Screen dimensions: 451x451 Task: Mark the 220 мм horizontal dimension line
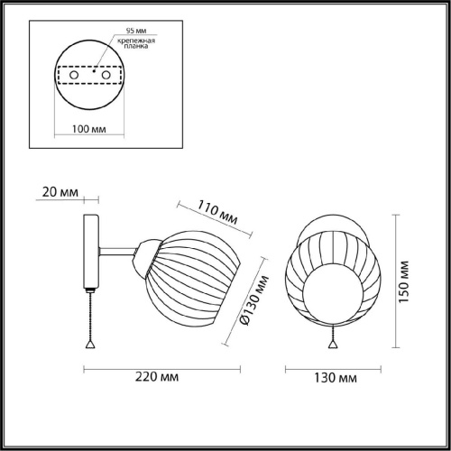coord(163,369)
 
